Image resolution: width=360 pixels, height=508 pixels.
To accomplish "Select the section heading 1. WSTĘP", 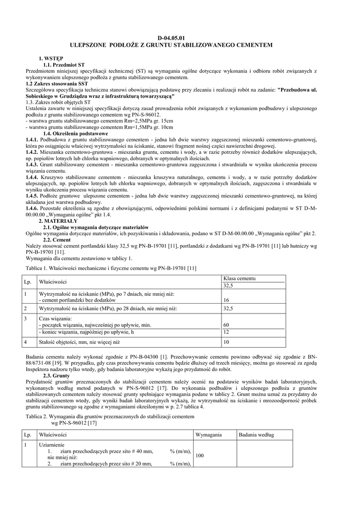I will tap(48, 59).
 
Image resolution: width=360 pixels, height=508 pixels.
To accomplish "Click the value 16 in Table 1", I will tap(226, 300).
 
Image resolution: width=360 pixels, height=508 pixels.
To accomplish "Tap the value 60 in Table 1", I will tap(226, 325).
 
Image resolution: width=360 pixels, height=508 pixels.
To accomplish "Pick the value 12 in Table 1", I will tap(226, 331).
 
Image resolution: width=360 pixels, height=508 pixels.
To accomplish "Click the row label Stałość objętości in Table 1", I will tap(79, 342).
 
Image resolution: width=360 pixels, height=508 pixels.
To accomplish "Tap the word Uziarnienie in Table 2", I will tap(52, 445).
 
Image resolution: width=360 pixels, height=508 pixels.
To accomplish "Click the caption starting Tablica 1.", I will tap(111, 268).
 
